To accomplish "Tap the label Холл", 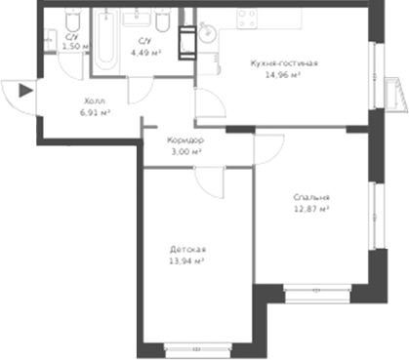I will tap(94, 101).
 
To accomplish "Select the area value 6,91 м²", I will tap(94, 113).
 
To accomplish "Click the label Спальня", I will tap(311, 196).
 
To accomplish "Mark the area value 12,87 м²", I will tap(311, 208).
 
